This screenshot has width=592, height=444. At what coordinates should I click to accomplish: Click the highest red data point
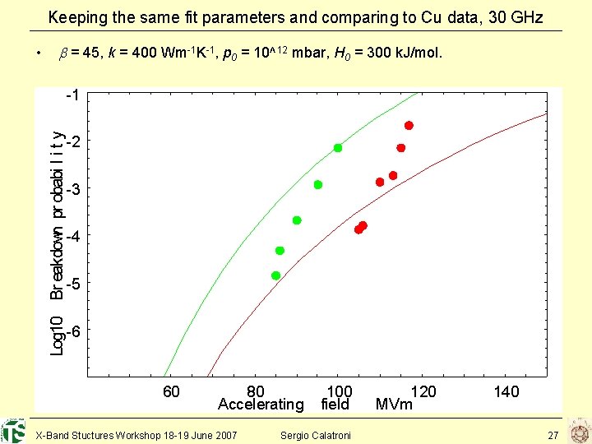click(409, 126)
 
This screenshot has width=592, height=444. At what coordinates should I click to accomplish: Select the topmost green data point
click(338, 148)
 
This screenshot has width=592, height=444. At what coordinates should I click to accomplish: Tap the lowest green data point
click(276, 275)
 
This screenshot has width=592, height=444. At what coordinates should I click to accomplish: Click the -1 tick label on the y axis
click(72, 95)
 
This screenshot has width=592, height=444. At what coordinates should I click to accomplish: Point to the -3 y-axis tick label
click(72, 190)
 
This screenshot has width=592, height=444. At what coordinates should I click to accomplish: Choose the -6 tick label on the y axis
click(72, 331)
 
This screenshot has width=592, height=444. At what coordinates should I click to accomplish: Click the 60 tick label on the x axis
click(171, 392)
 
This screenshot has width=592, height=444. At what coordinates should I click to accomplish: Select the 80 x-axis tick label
click(256, 392)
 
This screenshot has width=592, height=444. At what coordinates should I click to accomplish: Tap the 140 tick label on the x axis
click(506, 392)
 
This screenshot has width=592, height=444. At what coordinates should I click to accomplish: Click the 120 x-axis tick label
click(423, 392)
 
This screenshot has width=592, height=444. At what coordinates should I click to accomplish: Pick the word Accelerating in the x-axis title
click(261, 405)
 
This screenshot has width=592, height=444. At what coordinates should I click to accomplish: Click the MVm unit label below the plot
click(394, 405)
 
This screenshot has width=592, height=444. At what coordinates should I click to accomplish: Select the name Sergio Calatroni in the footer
click(316, 434)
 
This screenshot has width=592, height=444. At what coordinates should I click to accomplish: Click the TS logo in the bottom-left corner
click(13, 431)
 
